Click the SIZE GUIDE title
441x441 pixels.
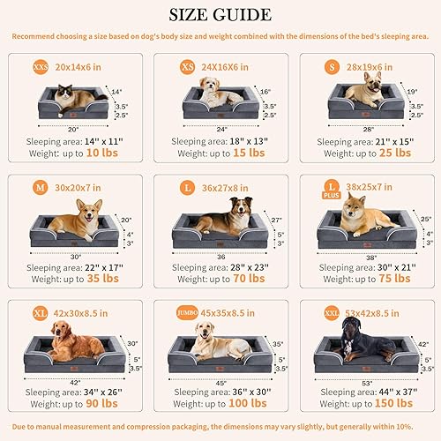point(220,14)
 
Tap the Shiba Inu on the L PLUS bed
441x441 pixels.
point(363,217)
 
